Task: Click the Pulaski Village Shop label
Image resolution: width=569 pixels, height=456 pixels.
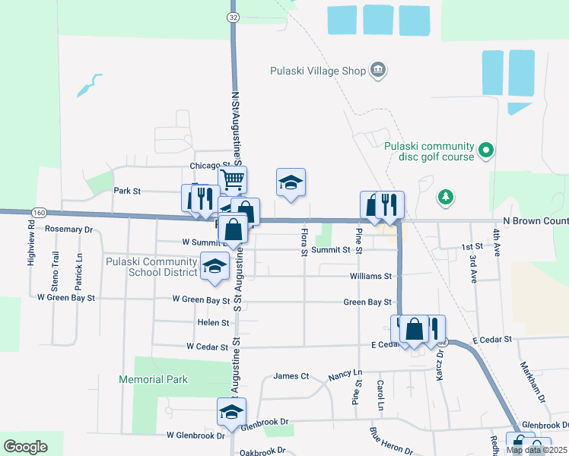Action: (x=318, y=71)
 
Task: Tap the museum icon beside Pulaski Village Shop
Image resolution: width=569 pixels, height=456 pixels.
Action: (x=378, y=71)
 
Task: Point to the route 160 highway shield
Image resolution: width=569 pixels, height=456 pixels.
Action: (x=40, y=212)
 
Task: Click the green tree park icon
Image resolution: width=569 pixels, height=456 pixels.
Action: (x=445, y=198)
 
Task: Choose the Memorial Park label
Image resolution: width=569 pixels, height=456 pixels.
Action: (x=153, y=379)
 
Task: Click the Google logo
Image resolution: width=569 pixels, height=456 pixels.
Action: (x=24, y=447)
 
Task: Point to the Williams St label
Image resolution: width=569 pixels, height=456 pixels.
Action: (x=370, y=276)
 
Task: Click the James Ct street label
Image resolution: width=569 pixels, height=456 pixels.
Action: (x=291, y=375)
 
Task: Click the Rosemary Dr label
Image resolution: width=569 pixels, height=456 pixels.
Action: (x=68, y=229)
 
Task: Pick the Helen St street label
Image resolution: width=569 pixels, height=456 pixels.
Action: (x=214, y=323)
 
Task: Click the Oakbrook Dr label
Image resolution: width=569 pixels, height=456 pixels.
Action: (x=262, y=451)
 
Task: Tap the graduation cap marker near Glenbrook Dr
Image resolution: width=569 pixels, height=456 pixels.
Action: (x=231, y=412)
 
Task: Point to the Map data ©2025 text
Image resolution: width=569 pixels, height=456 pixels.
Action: (x=537, y=450)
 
